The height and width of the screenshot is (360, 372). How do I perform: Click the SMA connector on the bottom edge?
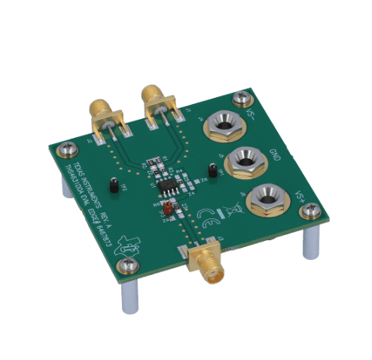pyautogui.click(x=205, y=264)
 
